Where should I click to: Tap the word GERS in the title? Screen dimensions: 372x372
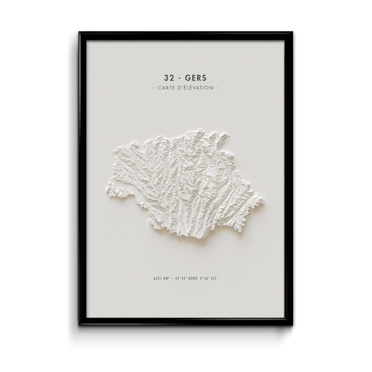pos(196,78)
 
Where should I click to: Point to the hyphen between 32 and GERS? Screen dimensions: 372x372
pos(179,78)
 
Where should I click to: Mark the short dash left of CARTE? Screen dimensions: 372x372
pos(154,88)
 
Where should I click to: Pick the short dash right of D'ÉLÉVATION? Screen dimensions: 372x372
pos(217,88)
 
